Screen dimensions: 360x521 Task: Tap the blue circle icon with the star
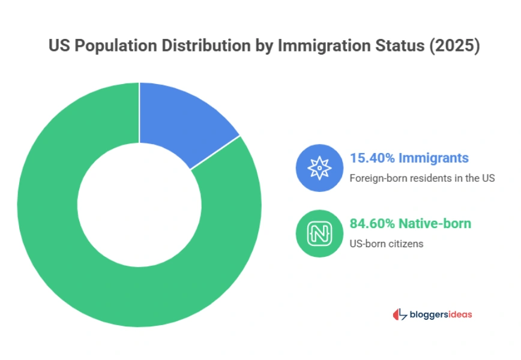[x=319, y=168]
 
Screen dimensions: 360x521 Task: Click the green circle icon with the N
[x=319, y=233]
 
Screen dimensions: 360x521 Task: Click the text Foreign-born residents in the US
[x=422, y=178]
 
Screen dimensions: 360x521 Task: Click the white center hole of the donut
[x=139, y=204]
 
